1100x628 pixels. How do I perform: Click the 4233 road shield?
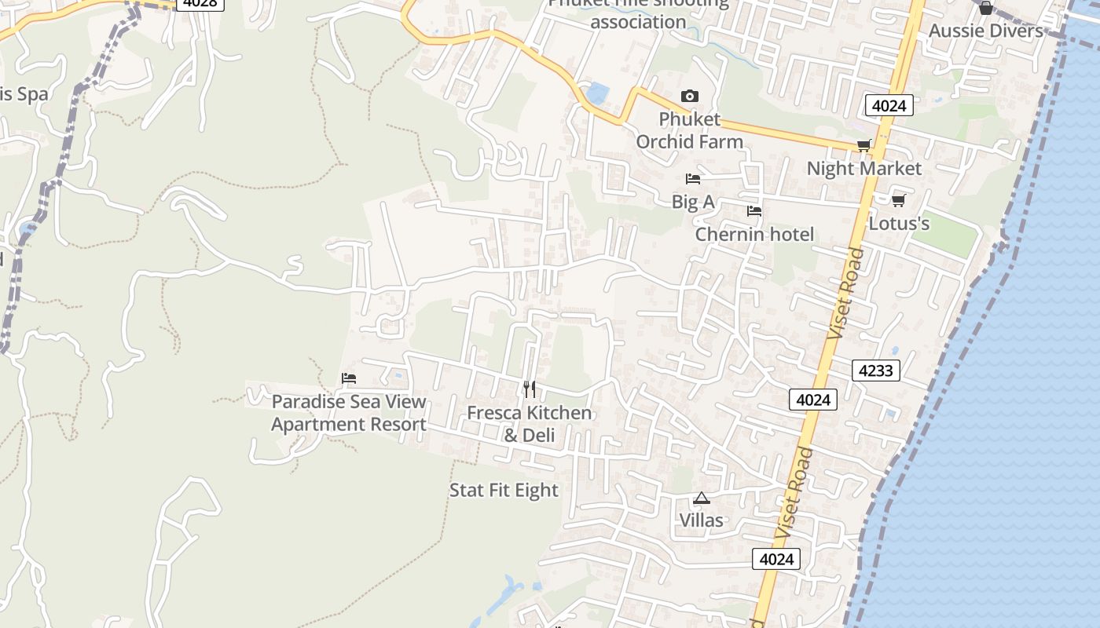(875, 370)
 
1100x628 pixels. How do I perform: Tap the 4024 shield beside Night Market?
(889, 105)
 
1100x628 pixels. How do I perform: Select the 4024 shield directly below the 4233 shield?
(813, 400)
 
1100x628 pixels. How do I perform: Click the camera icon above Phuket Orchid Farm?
(689, 96)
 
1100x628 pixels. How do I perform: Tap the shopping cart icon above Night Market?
(863, 145)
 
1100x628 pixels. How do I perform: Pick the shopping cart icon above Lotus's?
(898, 200)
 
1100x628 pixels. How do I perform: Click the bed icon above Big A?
(692, 179)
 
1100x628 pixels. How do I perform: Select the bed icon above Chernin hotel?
(753, 211)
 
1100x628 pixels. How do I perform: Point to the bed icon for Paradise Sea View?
(349, 378)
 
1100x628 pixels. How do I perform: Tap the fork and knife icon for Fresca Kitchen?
(530, 389)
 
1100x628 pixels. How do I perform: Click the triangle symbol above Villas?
(701, 498)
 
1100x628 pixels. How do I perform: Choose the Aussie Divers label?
(985, 31)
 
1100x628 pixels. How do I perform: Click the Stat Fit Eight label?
(504, 491)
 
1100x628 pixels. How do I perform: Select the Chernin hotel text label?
(754, 235)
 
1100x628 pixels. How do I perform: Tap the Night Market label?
(863, 169)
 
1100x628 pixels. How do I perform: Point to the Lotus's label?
(899, 224)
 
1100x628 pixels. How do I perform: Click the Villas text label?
(701, 520)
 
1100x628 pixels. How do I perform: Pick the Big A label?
(692, 202)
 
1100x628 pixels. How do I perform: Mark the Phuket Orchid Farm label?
(689, 130)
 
